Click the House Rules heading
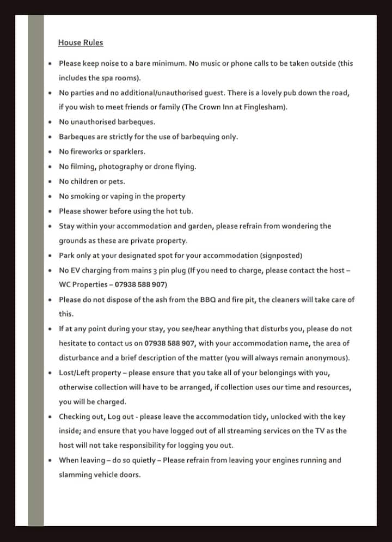click(80, 42)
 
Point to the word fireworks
click(86, 152)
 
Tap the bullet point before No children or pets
click(50, 182)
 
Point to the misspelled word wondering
click(297, 226)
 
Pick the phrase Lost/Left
click(77, 373)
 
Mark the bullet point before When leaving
click(50, 460)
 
